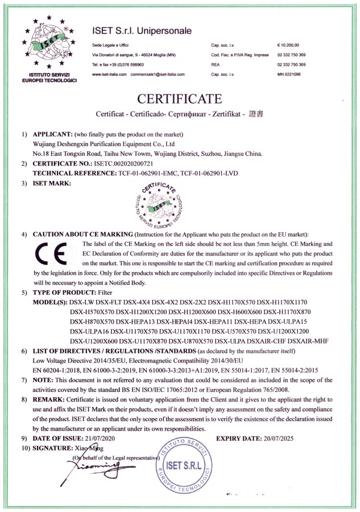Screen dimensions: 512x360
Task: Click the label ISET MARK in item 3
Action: coord(52,183)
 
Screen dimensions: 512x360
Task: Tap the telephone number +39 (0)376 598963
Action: coord(126,64)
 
